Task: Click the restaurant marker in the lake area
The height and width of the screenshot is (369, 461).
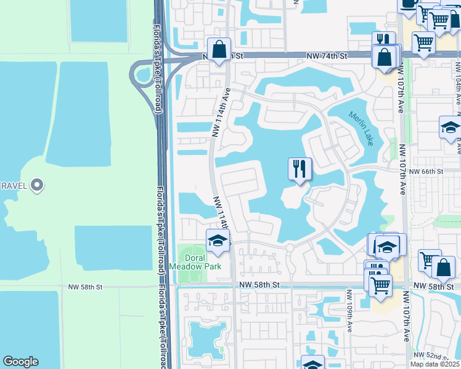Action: click(x=300, y=169)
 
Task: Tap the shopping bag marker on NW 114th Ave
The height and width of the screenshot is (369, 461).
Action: click(x=219, y=49)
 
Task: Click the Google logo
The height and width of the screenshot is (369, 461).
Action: click(x=20, y=362)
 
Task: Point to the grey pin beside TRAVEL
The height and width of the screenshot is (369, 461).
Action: click(x=37, y=184)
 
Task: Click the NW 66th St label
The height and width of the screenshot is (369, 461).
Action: click(x=426, y=172)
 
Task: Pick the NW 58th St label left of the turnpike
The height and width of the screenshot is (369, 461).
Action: click(x=86, y=287)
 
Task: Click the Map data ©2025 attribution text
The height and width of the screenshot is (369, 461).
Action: click(x=434, y=364)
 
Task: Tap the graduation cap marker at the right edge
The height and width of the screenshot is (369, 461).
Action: click(x=451, y=128)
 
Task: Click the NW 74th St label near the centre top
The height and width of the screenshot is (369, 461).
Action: click(x=327, y=56)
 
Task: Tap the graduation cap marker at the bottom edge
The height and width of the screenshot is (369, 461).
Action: click(x=312, y=364)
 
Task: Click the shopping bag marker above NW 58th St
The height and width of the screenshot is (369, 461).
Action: click(x=443, y=268)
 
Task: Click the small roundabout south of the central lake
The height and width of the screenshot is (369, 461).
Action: click(x=289, y=248)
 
